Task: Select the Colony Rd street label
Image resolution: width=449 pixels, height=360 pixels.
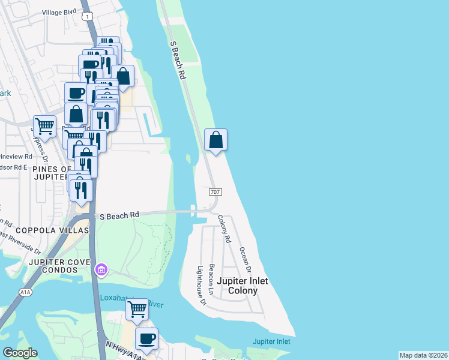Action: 224,229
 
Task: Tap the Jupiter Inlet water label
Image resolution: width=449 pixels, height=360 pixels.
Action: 271,341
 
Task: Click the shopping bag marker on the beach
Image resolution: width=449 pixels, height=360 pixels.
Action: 216,140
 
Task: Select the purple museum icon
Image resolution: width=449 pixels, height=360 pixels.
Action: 101,271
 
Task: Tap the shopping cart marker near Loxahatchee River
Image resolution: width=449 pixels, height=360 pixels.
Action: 137,309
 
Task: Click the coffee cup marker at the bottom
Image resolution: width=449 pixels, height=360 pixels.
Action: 146,338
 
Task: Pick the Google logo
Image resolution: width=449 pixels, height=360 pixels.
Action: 20,353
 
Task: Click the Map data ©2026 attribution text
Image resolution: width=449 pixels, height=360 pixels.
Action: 423,355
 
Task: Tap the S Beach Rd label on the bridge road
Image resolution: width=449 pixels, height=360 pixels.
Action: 119,215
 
